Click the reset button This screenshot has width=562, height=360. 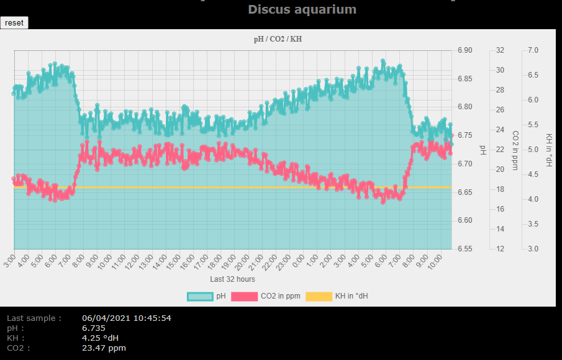[x=14, y=22]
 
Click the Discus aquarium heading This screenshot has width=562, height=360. [x=302, y=9]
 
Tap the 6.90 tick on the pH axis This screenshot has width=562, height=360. [x=465, y=50]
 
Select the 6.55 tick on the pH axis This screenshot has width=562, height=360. [x=465, y=249]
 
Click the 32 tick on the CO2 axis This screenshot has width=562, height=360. [x=500, y=50]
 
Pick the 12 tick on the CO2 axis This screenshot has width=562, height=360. [x=500, y=249]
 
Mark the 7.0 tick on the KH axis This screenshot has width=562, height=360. [x=533, y=50]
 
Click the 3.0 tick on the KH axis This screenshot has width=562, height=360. [x=533, y=249]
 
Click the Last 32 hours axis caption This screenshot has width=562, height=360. [x=232, y=279]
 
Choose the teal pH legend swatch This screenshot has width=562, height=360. [x=200, y=297]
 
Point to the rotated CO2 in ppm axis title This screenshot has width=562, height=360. [x=515, y=150]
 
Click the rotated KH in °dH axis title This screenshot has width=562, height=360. [x=549, y=150]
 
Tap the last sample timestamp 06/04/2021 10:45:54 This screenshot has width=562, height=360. [x=126, y=318]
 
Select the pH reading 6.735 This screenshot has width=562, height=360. [x=93, y=328]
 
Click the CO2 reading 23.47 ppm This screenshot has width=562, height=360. [x=104, y=348]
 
